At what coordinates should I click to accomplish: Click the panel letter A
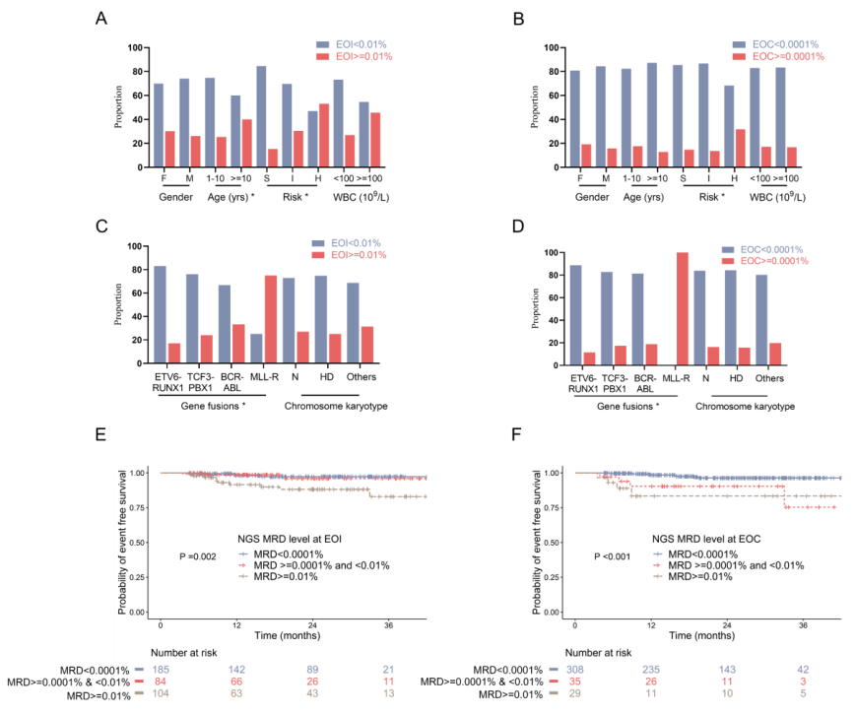[x=102, y=19]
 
